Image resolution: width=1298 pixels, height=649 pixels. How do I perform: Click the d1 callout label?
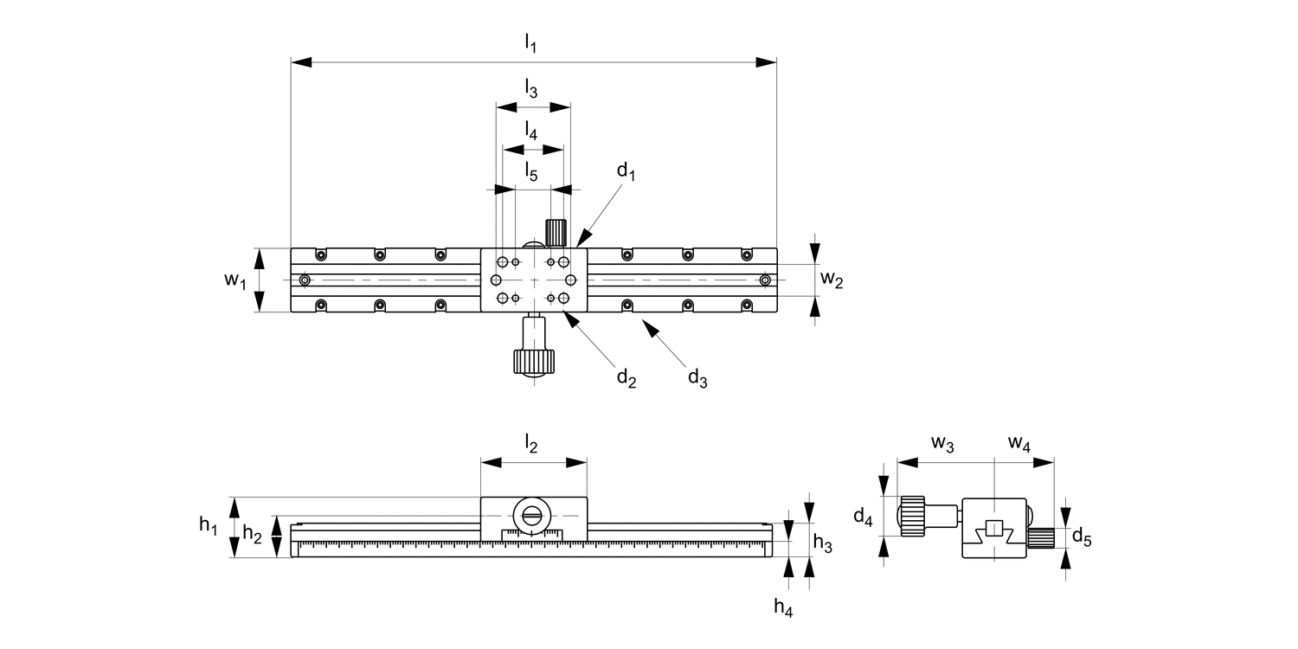627,171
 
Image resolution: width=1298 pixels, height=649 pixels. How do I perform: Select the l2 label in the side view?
530,445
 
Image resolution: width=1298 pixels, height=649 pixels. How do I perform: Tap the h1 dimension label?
209,524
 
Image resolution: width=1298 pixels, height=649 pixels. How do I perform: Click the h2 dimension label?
253,535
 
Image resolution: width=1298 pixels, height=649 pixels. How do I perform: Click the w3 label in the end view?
942,445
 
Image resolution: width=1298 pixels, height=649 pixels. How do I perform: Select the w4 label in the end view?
1019,445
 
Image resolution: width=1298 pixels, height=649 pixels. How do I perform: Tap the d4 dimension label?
863,517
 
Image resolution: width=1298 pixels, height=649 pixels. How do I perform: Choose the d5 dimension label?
1082,537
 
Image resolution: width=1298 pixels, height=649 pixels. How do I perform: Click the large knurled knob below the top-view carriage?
533,360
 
